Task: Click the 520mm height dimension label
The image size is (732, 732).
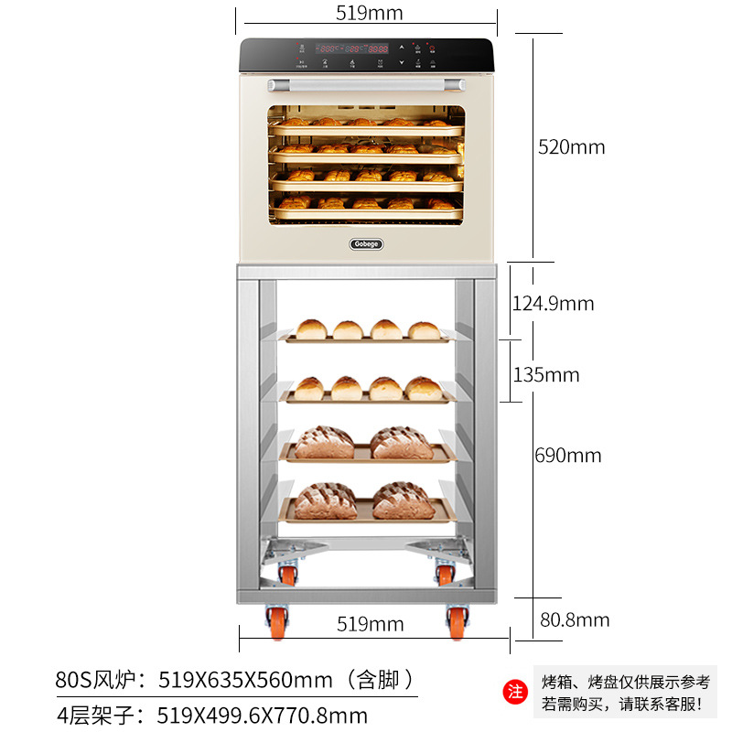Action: [571, 147]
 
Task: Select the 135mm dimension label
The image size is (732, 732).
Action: [546, 375]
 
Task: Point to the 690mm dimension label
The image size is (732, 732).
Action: [568, 455]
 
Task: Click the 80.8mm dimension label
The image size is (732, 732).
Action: [575, 620]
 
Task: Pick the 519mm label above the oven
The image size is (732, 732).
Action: [370, 14]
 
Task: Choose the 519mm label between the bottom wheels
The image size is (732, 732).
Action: [370, 624]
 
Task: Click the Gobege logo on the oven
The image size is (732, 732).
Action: [367, 243]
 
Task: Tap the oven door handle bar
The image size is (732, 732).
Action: [366, 85]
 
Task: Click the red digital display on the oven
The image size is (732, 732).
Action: [353, 48]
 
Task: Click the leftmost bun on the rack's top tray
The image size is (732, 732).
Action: [311, 329]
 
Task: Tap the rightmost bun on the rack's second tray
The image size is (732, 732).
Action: [424, 388]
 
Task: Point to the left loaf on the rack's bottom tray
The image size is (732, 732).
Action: [327, 501]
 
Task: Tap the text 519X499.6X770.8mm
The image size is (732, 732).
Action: [264, 715]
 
